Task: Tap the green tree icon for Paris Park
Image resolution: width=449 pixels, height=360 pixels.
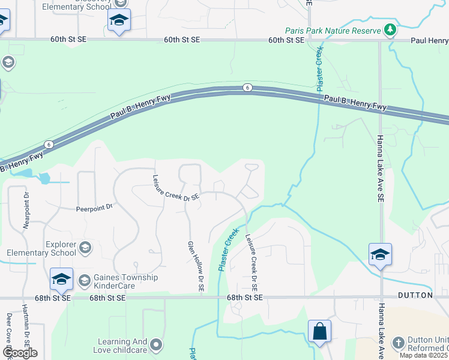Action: coord(390,29)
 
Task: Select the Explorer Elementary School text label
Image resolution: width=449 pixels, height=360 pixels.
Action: coord(61,248)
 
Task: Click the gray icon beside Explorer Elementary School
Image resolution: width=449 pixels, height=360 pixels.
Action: coord(85,247)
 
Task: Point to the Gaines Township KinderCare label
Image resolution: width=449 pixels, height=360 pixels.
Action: coord(125,281)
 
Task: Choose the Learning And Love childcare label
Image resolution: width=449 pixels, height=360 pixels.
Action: coord(122,346)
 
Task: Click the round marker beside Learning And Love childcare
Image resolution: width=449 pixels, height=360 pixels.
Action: coord(157,344)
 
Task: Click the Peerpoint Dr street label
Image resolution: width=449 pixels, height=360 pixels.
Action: coord(94,208)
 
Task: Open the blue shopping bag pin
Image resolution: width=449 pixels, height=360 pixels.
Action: coord(319,331)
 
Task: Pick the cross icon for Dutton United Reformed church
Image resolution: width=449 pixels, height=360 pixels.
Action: coord(399,343)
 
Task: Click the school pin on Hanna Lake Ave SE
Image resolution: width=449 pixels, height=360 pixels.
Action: coord(380,255)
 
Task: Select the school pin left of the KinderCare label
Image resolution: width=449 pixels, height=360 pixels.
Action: coord(61,280)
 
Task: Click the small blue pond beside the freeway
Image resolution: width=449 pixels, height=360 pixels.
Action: coord(44,178)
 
